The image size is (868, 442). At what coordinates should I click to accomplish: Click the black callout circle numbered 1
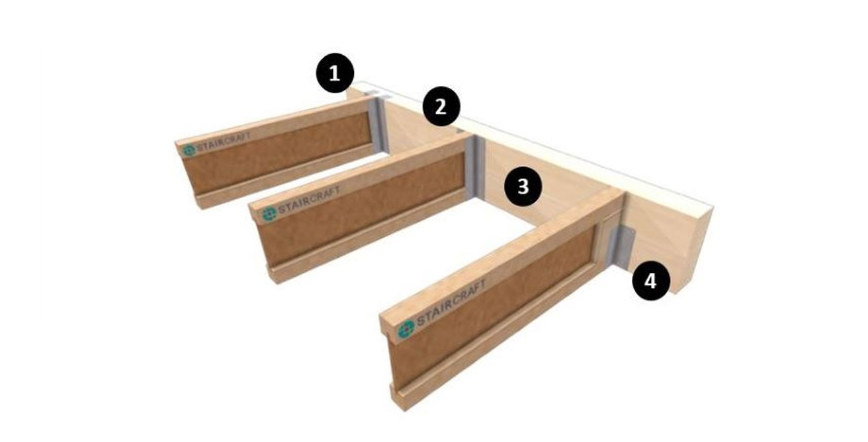(335, 73)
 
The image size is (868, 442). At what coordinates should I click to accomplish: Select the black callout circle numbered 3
(523, 186)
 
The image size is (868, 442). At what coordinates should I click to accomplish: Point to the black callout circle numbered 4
(651, 281)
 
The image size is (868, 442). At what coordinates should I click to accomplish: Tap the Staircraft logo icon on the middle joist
(269, 213)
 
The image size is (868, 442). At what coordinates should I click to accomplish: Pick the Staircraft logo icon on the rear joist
(189, 150)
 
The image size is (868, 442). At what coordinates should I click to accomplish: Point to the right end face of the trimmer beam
(691, 248)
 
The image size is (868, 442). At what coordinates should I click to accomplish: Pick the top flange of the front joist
(503, 258)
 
